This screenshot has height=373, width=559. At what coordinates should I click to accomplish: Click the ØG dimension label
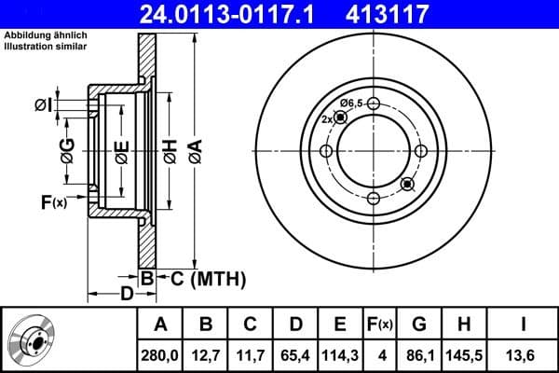tap(67, 149)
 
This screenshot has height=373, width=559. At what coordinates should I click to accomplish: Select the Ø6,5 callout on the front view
tap(350, 102)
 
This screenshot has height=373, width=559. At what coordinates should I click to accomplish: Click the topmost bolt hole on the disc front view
tap(373, 104)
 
